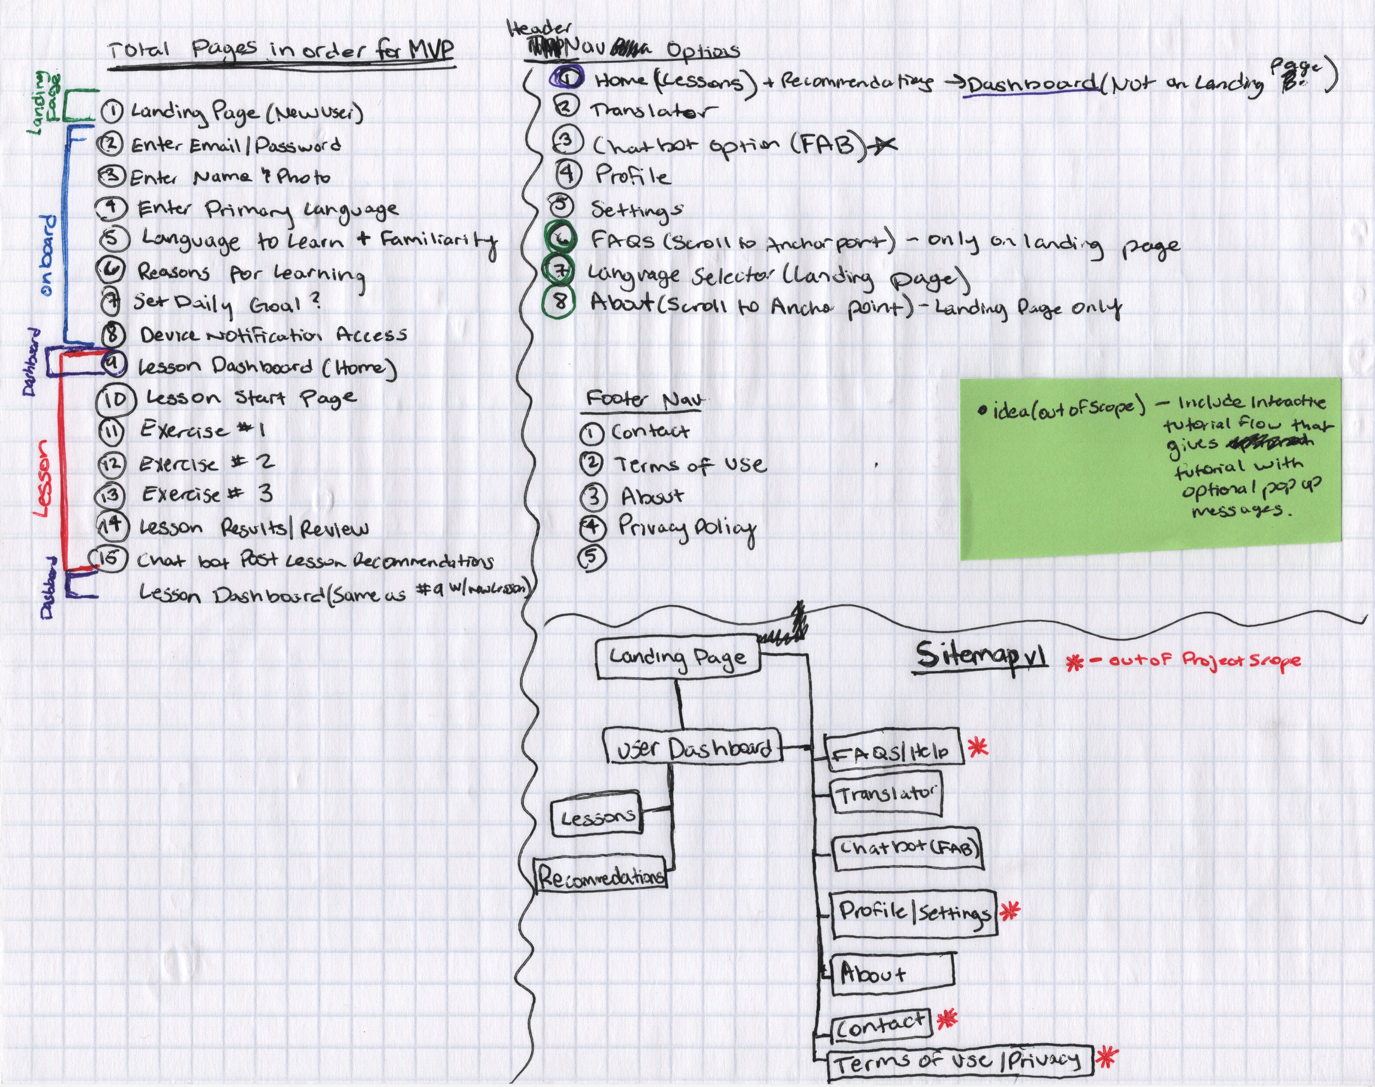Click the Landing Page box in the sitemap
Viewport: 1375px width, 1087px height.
678,657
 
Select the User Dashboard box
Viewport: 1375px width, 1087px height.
692,748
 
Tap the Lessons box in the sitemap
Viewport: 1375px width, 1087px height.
596,815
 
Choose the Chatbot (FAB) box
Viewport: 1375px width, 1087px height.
908,848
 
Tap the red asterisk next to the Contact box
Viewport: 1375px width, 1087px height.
947,1018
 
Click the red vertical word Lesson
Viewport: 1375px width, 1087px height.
43,478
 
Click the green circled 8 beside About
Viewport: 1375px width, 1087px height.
559,300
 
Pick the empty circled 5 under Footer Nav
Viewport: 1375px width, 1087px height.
591,557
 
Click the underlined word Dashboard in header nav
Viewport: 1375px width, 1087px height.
1031,84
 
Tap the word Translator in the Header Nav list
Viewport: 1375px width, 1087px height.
652,111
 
